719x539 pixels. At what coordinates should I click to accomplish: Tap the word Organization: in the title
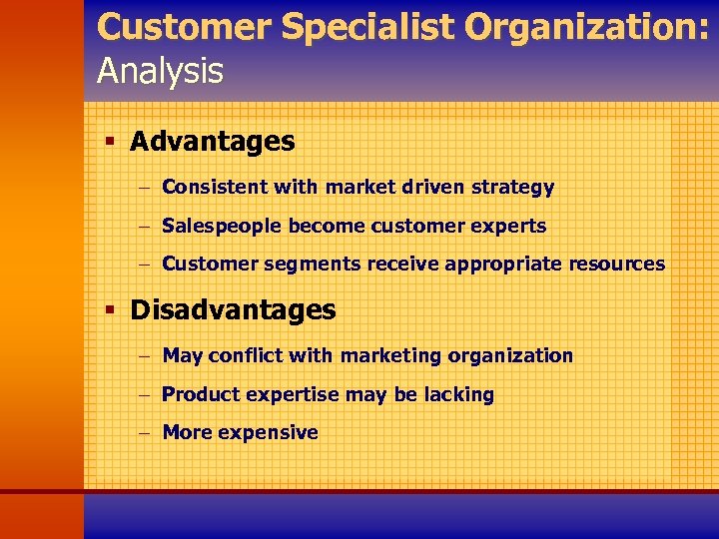click(590, 28)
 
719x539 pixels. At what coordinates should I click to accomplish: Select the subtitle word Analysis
click(160, 71)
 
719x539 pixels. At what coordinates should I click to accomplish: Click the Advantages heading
click(213, 142)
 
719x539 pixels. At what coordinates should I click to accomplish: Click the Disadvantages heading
click(233, 309)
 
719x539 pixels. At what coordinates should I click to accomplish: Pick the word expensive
click(268, 432)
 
